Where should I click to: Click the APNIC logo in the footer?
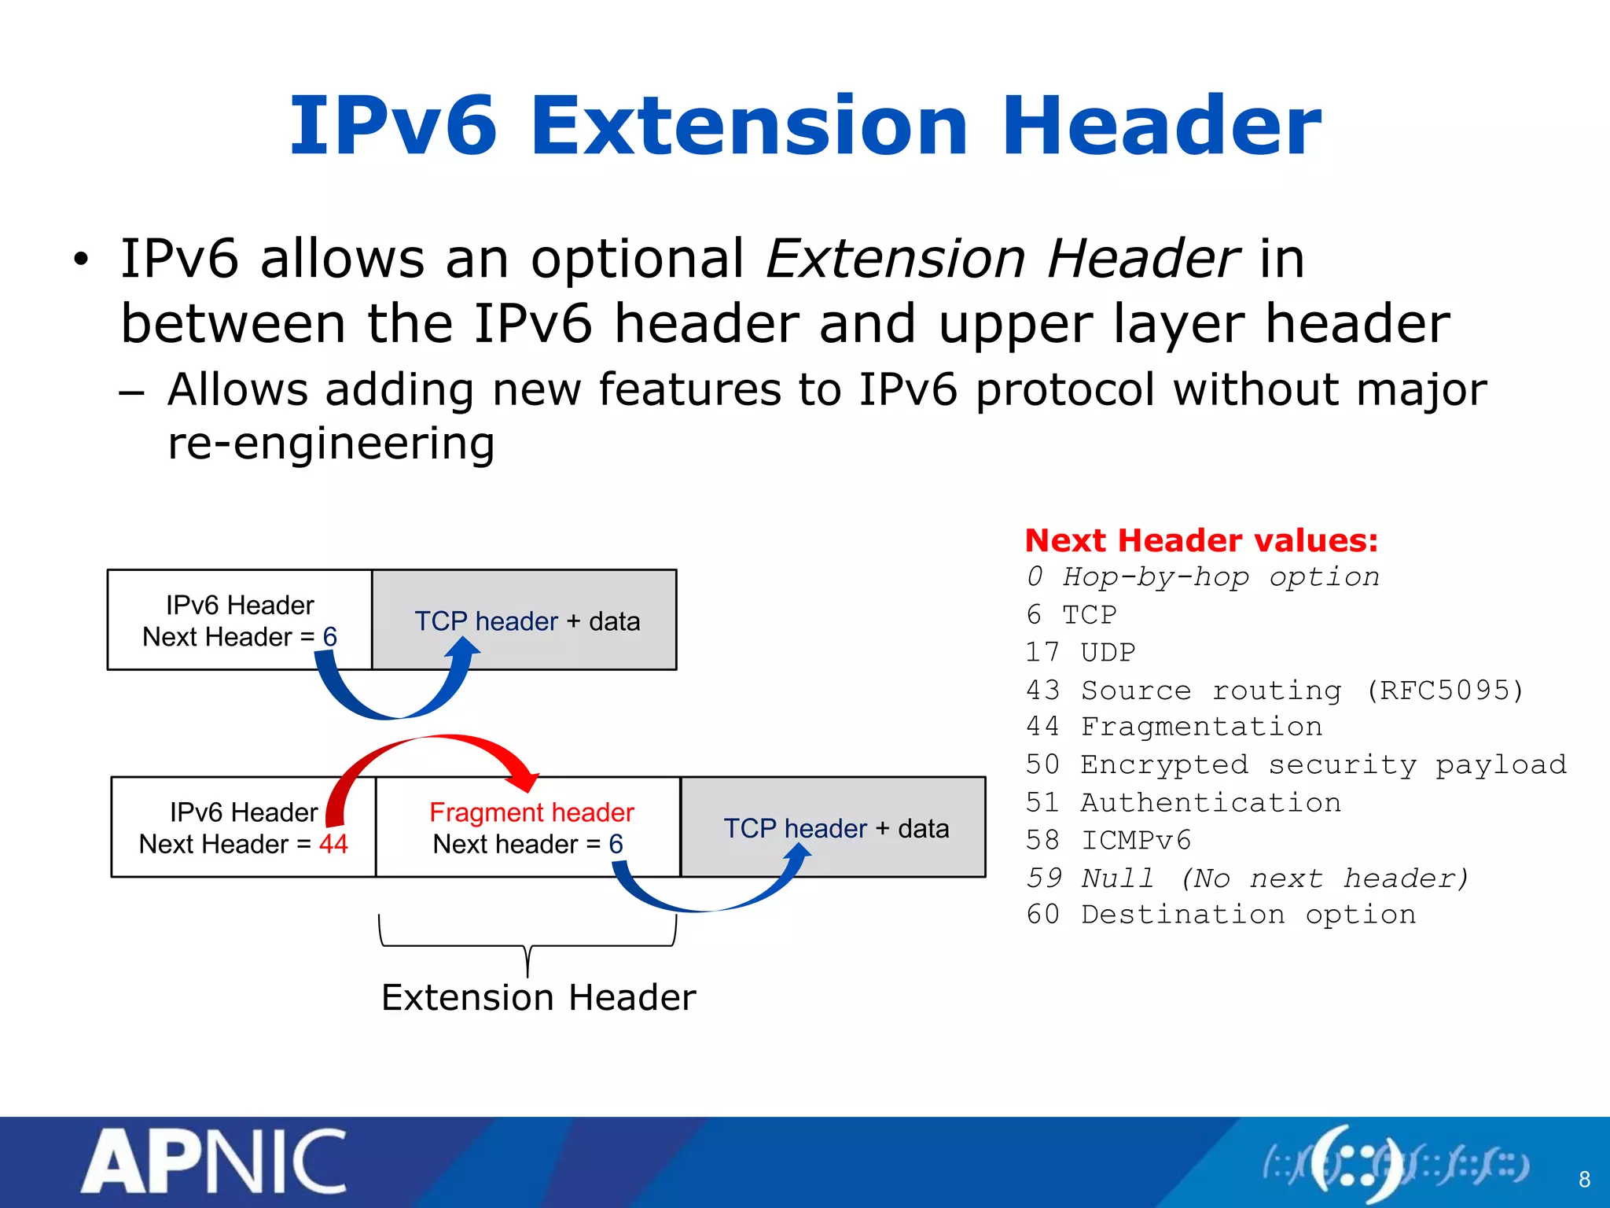pyautogui.click(x=214, y=1162)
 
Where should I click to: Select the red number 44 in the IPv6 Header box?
pyautogui.click(x=333, y=844)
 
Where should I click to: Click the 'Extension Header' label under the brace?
pyautogui.click(x=539, y=997)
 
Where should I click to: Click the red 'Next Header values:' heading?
pyautogui.click(x=1201, y=540)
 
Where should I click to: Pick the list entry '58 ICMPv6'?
pyautogui.click(x=1108, y=840)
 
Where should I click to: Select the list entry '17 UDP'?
pyautogui.click(x=1081, y=652)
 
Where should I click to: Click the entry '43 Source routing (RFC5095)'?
pyautogui.click(x=1274, y=690)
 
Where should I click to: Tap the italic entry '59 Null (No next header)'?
pyautogui.click(x=1247, y=878)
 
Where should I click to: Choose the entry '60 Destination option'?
pyautogui.click(x=1221, y=915)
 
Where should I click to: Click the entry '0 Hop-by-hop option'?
pyautogui.click(x=1203, y=576)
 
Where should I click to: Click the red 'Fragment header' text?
pyautogui.click(x=531, y=812)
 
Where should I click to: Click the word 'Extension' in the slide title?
pyautogui.click(x=748, y=126)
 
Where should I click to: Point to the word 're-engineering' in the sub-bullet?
pyautogui.click(x=331, y=443)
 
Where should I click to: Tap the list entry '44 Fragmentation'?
pyautogui.click(x=1174, y=726)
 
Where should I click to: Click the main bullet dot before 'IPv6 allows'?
pyautogui.click(x=81, y=260)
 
